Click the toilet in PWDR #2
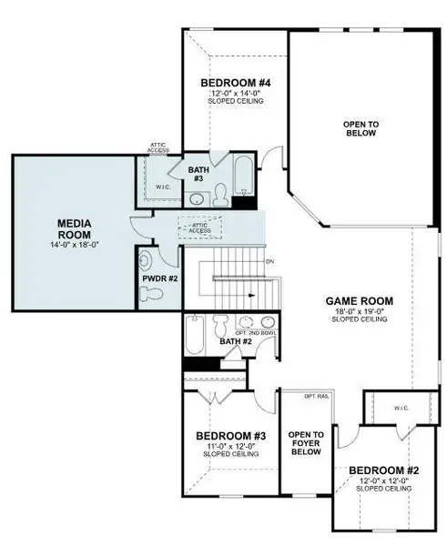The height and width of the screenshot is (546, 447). click(x=152, y=292)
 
